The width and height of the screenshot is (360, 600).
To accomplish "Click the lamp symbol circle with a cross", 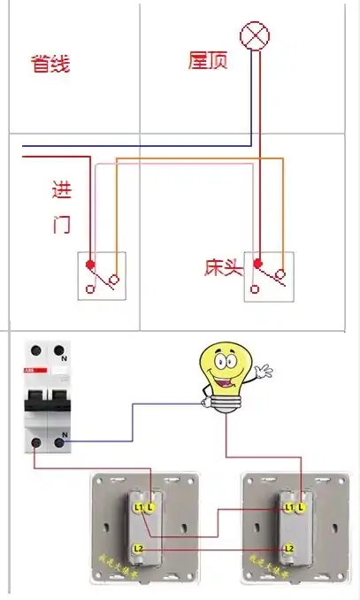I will [257, 37].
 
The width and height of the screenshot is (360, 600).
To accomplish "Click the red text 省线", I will [50, 64].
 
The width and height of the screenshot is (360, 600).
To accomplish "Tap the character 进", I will [62, 190].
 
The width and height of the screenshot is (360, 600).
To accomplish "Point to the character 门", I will [61, 224].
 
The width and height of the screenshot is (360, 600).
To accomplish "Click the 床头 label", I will [223, 266].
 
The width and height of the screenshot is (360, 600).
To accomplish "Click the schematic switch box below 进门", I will [102, 275].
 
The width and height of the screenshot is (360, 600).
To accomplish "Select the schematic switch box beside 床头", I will [268, 275].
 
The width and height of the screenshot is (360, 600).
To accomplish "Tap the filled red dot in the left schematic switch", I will [89, 264].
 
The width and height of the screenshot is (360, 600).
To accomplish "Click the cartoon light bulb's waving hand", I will [264, 372].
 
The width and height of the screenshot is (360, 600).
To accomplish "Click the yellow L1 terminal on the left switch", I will [139, 506].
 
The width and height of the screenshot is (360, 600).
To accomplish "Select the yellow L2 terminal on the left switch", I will [139, 550].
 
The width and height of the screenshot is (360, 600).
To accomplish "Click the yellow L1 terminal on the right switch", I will [288, 506].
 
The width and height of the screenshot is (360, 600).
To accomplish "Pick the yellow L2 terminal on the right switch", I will [288, 550].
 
